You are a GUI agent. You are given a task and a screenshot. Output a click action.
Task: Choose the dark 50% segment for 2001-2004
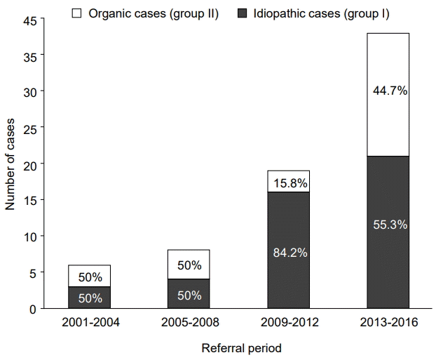coord(89,298)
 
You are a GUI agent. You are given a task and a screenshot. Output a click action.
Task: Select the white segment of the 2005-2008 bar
coord(189,265)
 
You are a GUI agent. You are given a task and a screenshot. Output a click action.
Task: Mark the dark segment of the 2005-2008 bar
coord(189,295)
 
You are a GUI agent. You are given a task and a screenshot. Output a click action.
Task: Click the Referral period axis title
coord(241,347)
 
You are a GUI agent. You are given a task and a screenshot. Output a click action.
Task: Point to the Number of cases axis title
coord(10,164)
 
